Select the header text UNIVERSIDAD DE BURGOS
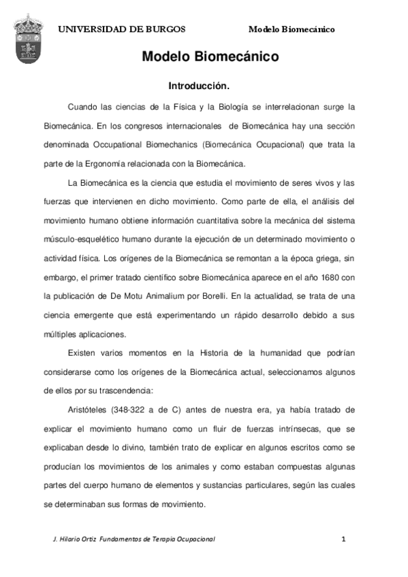tap(121, 29)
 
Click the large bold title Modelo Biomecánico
tap(210, 57)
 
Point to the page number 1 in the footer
tap(344, 539)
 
